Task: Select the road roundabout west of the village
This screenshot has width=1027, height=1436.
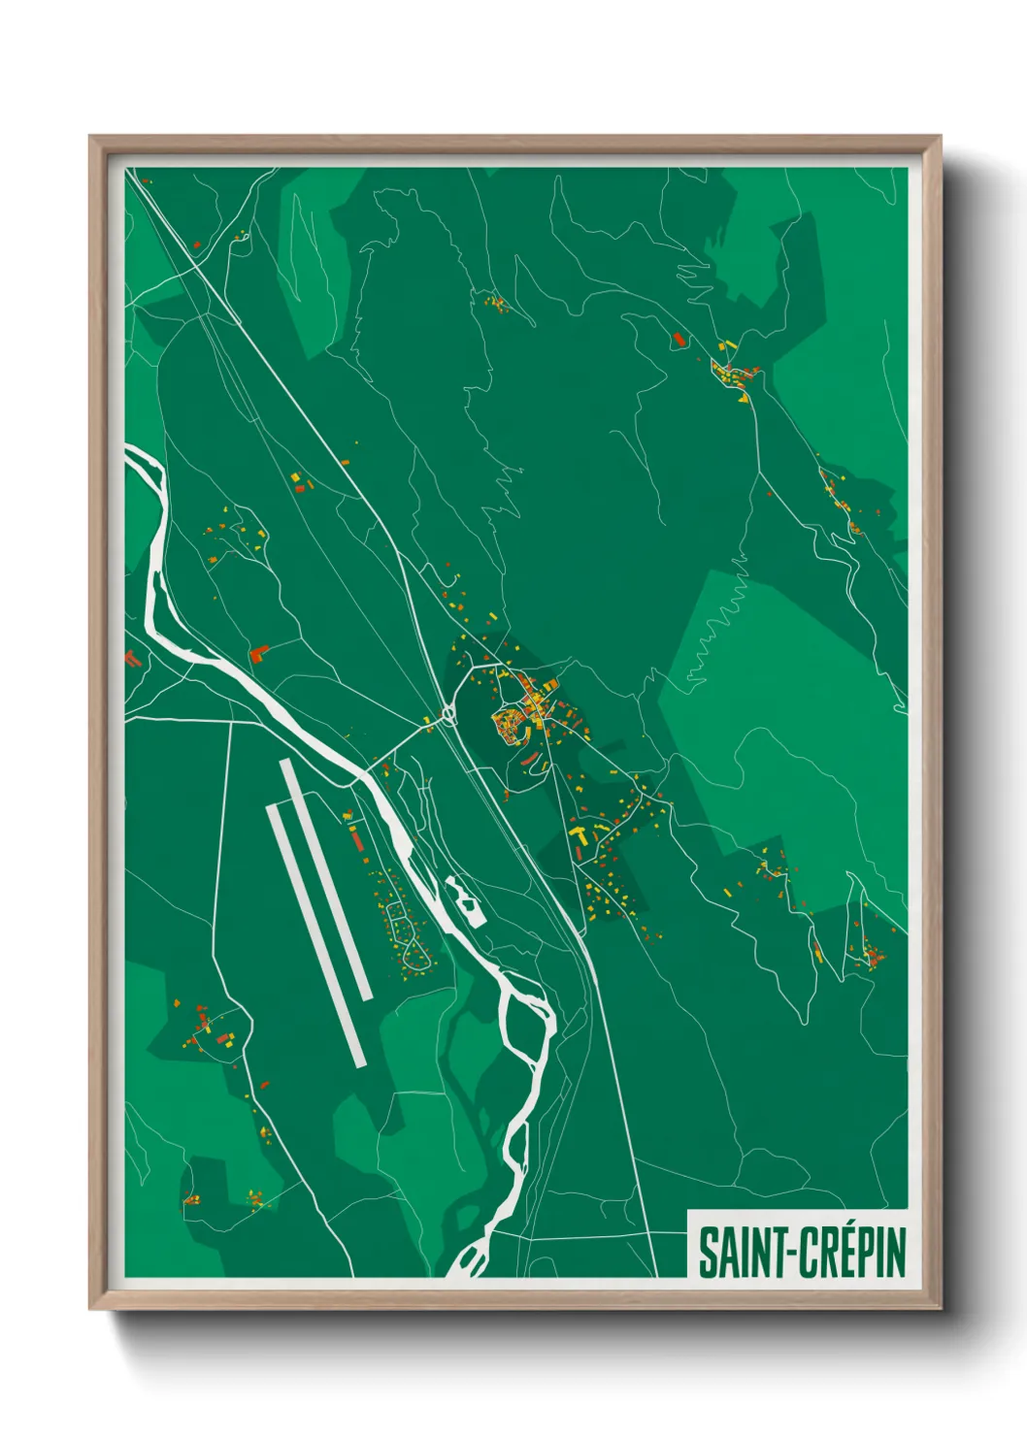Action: pyautogui.click(x=448, y=715)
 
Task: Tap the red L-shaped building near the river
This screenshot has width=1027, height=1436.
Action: pyautogui.click(x=257, y=653)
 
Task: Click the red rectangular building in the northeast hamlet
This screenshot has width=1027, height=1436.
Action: pyautogui.click(x=679, y=339)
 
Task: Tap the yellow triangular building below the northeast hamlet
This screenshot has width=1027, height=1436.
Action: pyautogui.click(x=744, y=396)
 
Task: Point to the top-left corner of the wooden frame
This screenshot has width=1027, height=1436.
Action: pyautogui.click(x=92, y=139)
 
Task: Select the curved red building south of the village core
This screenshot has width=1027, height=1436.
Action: pyautogui.click(x=529, y=760)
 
